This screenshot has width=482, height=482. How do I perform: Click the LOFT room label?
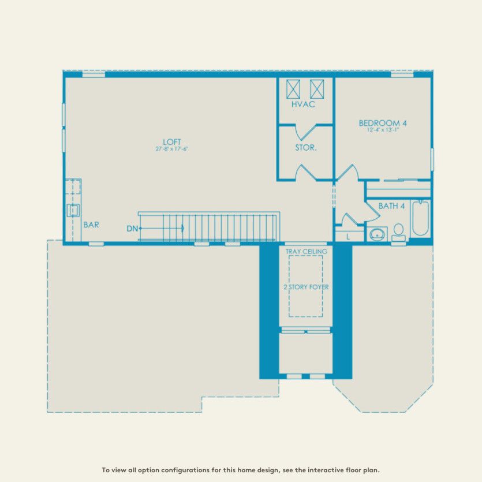[x=172, y=141]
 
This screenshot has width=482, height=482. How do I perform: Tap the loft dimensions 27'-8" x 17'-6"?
[x=172, y=149]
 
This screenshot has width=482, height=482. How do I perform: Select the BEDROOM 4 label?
[x=383, y=123]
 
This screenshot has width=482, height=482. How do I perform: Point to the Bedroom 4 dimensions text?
[x=383, y=130]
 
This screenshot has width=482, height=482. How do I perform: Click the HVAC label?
[x=303, y=104]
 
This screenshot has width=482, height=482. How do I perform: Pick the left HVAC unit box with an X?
[x=294, y=89]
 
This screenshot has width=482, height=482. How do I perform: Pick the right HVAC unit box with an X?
[x=317, y=89]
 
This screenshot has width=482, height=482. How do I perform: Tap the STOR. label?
[x=305, y=148]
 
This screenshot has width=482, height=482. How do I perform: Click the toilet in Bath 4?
[x=398, y=231]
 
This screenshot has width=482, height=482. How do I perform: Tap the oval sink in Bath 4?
[x=378, y=234]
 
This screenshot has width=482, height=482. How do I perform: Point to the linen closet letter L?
[x=348, y=237]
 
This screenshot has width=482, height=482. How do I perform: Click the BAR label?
[x=91, y=225]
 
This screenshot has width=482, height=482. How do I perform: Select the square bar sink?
[x=73, y=210]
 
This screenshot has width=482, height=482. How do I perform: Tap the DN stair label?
[x=132, y=229]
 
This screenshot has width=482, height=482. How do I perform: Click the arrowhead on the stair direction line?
[x=182, y=229]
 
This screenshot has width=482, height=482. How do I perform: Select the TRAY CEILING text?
[x=306, y=252]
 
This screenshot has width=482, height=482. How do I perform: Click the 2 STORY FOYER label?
[x=306, y=287]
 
